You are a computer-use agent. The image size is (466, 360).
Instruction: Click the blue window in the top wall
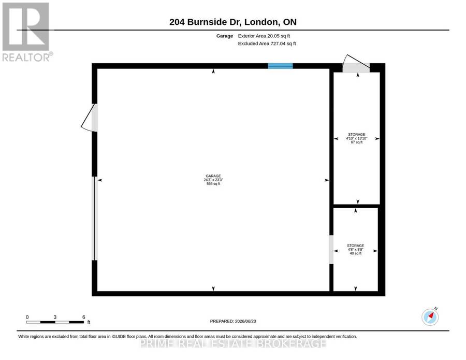[280, 66]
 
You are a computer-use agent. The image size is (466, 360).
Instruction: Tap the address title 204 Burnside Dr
[206, 22]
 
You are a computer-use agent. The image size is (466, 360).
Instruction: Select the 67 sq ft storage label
[357, 138]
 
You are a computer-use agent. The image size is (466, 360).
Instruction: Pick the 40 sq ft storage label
[355, 250]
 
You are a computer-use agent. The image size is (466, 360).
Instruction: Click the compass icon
[430, 316]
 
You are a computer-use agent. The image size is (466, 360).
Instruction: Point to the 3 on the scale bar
[55, 317]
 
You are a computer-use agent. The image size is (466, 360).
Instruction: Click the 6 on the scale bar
[83, 317]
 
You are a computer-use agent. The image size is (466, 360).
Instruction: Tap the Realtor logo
[27, 32]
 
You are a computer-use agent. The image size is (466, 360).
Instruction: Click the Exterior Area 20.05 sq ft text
[264, 36]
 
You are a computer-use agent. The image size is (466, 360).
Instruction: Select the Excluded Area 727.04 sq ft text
[267, 44]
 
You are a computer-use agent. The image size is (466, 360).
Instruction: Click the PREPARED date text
[233, 321]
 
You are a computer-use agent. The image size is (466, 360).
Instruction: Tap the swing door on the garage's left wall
[89, 118]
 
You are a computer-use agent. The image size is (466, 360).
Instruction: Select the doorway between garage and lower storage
[331, 250]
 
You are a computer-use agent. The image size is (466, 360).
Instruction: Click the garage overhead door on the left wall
[95, 219]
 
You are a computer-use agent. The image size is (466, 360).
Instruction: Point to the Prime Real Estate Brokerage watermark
[233, 343]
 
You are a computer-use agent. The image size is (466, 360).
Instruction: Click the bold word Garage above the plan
[225, 36]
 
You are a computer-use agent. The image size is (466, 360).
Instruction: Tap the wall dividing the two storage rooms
[357, 206]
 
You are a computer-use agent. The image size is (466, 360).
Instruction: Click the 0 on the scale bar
[27, 317]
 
